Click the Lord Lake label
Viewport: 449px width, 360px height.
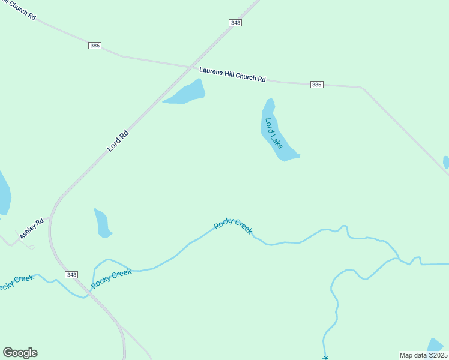point(274,133)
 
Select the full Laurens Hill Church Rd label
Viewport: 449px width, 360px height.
point(232,74)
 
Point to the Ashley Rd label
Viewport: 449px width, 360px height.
point(31,229)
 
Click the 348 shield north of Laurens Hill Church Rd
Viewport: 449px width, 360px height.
point(235,23)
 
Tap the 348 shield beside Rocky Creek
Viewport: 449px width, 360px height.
point(71,274)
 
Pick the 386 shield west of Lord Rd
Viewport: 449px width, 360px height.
point(94,46)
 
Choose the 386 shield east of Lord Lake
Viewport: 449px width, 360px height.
point(317,85)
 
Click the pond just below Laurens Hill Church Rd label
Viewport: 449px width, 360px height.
point(186,93)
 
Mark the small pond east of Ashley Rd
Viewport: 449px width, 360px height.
point(102,223)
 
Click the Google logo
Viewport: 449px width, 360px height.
point(20,353)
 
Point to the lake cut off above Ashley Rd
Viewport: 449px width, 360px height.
point(4,193)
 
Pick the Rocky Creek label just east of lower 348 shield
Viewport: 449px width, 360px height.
point(112,278)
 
